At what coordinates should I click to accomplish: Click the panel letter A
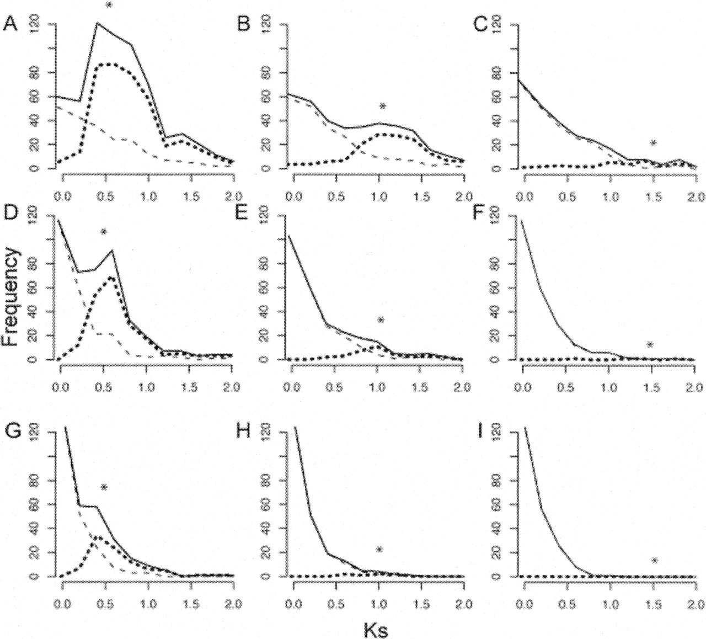click(x=10, y=24)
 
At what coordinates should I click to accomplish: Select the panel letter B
click(x=243, y=24)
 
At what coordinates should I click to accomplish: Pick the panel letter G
click(x=10, y=430)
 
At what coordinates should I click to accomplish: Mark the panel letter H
click(x=243, y=430)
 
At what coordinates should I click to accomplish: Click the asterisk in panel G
click(x=104, y=487)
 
